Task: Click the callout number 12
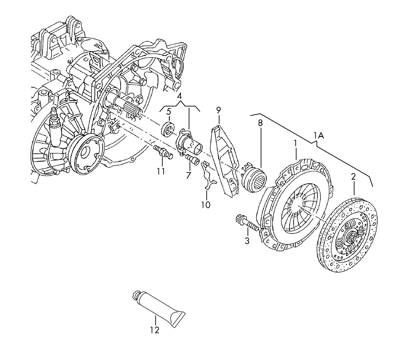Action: [154, 330]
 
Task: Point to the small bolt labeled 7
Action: [192, 159]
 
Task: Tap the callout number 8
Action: [260, 123]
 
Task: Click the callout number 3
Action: [247, 241]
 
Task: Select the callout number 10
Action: [205, 205]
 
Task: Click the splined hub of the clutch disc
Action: [352, 236]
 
